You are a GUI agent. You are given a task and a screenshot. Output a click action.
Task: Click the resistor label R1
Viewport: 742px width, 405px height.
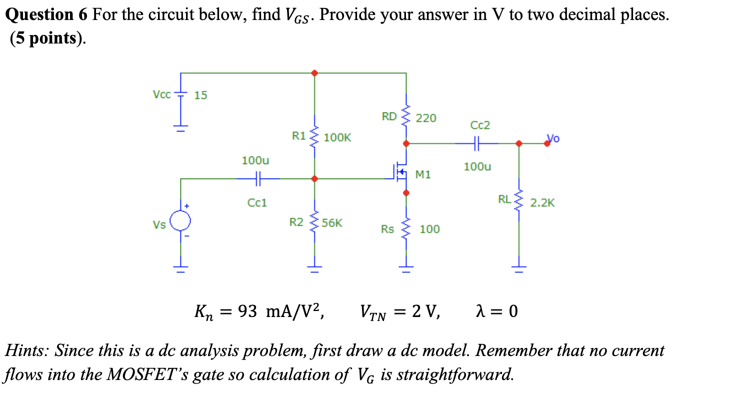(298, 135)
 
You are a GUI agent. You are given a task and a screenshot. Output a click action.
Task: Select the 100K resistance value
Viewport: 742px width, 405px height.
(337, 137)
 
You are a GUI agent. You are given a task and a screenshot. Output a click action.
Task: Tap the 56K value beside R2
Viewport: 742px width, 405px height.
(332, 223)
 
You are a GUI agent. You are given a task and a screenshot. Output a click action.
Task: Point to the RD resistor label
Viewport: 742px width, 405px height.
(389, 117)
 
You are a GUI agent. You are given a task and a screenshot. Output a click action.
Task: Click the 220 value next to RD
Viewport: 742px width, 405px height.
(426, 118)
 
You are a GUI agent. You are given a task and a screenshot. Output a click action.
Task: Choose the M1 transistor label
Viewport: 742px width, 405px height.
(422, 174)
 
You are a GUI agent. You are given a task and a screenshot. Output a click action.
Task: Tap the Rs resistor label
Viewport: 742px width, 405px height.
(387, 229)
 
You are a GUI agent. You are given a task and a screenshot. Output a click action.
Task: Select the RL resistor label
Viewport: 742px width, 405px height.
(504, 199)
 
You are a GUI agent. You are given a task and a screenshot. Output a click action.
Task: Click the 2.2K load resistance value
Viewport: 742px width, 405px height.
(542, 203)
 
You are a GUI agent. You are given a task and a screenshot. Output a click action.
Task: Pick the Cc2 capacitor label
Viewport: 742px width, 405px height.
(480, 125)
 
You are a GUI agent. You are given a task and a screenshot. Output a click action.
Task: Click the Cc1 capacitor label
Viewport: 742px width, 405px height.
(257, 202)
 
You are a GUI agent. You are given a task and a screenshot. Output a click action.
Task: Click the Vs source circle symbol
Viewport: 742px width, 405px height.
(180, 220)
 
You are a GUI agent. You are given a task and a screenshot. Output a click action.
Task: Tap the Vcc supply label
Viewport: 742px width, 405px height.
(161, 93)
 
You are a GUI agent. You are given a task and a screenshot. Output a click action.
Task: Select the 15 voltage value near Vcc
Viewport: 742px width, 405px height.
(200, 95)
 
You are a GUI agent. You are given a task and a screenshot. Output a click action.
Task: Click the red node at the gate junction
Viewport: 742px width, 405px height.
(314, 178)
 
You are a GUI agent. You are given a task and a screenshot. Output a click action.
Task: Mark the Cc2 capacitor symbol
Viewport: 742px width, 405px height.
(476, 143)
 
